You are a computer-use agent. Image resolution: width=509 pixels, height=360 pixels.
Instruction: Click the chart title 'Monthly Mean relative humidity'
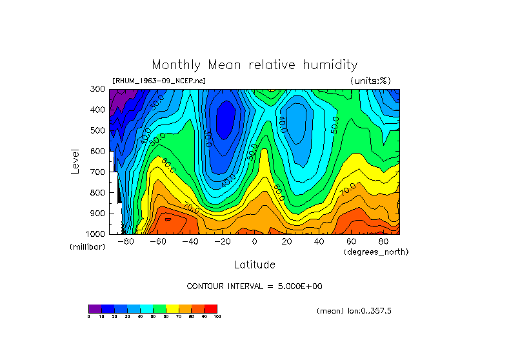tap(254, 65)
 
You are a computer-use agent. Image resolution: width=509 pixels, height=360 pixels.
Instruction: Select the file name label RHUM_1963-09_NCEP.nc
tap(159, 81)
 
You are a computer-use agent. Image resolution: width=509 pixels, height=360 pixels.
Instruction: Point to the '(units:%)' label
tap(370, 81)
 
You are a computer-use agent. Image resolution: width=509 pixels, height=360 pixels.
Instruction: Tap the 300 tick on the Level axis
tap(99, 89)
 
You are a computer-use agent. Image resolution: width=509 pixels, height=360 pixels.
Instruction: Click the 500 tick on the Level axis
tap(99, 130)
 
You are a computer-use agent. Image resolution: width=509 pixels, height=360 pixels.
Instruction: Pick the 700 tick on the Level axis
tap(99, 172)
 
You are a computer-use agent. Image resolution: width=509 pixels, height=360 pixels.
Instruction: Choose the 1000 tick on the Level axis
tap(97, 233)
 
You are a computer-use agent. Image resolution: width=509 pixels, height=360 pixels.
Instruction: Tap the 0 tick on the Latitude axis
tap(254, 241)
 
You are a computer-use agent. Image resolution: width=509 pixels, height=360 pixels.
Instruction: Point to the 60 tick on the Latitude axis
tap(351, 241)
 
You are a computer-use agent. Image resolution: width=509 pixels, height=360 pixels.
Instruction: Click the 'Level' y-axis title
tap(75, 161)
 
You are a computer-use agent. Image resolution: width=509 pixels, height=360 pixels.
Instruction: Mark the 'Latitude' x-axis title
tap(254, 265)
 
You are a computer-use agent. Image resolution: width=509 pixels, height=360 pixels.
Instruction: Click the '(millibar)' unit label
tap(87, 247)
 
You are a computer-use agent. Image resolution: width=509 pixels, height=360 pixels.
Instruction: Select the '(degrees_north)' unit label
tap(376, 252)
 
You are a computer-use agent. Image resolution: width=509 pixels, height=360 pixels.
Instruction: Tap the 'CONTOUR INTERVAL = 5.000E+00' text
tap(254, 286)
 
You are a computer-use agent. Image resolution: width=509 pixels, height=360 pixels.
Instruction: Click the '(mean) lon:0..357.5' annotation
tap(354, 310)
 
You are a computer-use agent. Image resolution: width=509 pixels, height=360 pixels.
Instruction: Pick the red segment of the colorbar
tap(211, 308)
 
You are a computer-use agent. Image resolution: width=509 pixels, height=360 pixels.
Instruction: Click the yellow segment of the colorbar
tap(172, 308)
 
